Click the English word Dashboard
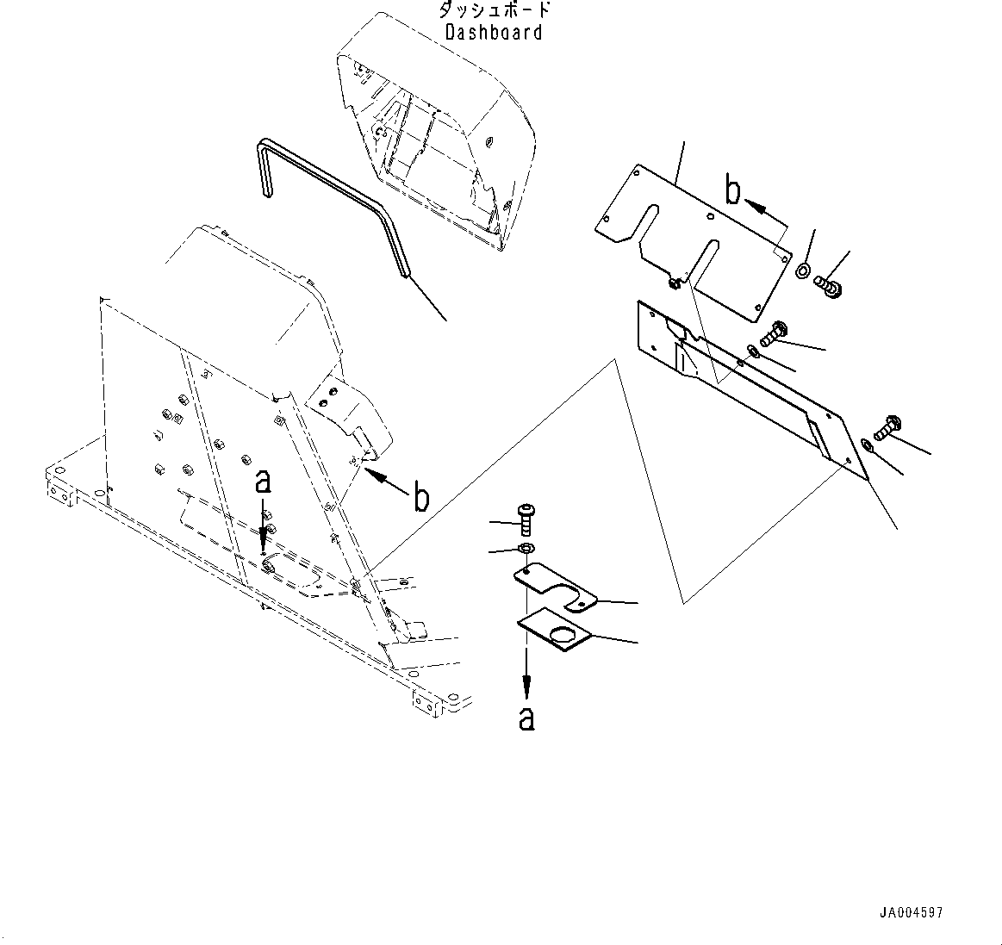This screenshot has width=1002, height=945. pos(494,33)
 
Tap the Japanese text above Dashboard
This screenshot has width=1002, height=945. pos(494,10)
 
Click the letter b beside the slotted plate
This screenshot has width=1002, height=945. pos(731,190)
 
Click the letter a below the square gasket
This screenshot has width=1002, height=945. pos(526,718)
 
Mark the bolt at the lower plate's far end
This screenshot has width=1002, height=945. pos(887,426)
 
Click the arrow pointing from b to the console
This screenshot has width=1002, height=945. pos(383,478)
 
